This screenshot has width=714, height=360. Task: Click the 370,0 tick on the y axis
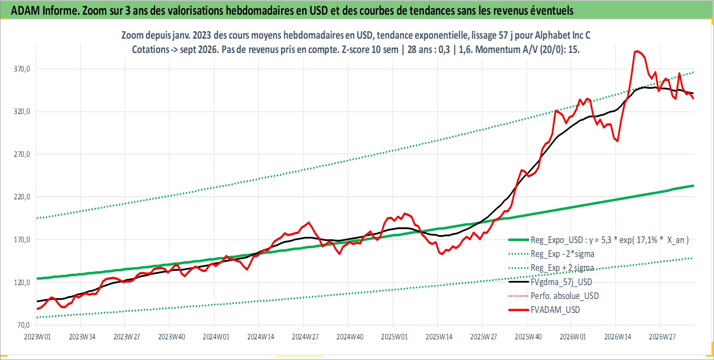[22, 69]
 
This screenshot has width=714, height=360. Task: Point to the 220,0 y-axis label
[22, 197]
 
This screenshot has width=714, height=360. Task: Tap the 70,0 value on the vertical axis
[23, 325]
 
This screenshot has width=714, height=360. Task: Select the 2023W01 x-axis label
[37, 337]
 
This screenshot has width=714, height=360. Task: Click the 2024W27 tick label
[305, 337]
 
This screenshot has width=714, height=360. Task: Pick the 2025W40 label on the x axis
[528, 337]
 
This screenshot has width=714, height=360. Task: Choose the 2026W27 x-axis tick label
[662, 337]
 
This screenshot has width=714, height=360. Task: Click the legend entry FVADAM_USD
[555, 310]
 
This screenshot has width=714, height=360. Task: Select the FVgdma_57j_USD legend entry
[561, 282]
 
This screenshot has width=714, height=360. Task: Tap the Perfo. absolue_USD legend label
[564, 296]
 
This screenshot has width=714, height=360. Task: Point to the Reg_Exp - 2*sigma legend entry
[562, 254]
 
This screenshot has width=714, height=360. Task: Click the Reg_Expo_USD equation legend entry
[609, 240]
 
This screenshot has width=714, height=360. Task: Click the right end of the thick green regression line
[693, 185]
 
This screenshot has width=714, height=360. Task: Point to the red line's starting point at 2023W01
[37, 309]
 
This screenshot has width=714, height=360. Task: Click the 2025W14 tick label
[439, 337]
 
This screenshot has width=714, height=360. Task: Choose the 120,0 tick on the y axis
[22, 283]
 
